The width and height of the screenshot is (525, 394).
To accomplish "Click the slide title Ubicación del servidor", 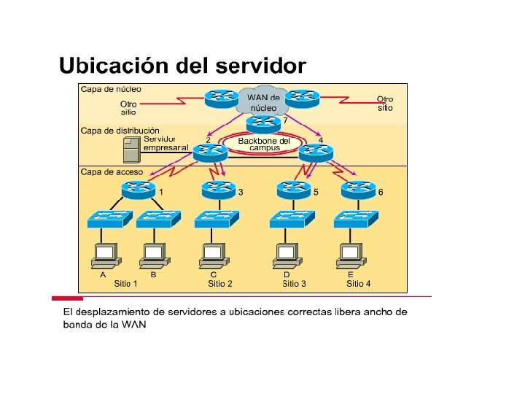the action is click(x=182, y=66).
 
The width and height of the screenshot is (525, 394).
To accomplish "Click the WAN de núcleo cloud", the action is click(x=262, y=102).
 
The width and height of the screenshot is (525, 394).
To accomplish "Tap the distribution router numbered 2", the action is click(x=212, y=150).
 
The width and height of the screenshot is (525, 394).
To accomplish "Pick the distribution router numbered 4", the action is click(x=315, y=151).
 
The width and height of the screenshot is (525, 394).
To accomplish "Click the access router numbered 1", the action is click(x=139, y=191).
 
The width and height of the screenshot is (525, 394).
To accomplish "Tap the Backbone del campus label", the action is click(x=264, y=144).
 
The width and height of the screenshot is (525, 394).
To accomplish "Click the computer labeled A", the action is click(x=105, y=255).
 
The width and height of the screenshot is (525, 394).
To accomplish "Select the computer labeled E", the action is click(x=351, y=255).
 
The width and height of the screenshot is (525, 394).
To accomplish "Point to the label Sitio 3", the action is click(x=295, y=284).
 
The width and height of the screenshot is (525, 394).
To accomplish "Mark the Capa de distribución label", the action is click(x=120, y=131).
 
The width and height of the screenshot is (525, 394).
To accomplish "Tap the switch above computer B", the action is click(x=158, y=217).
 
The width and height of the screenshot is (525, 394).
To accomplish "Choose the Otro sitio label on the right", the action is click(x=385, y=103).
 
